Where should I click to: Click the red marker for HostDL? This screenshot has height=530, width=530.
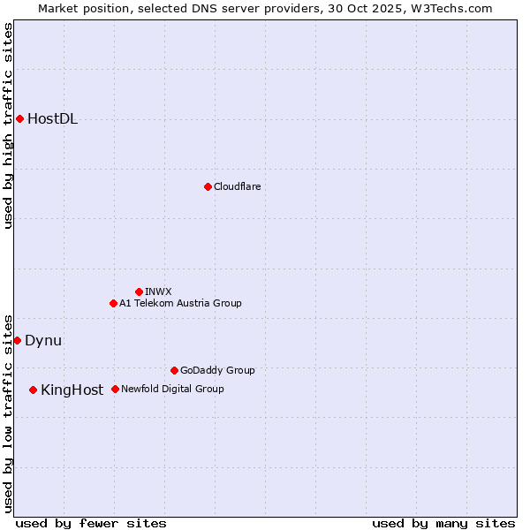pyautogui.click(x=19, y=118)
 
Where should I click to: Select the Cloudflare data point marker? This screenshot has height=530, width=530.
pyautogui.click(x=208, y=186)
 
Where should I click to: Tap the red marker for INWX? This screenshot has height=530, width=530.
pyautogui.click(x=139, y=291)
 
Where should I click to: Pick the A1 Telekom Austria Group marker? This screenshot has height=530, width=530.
pyautogui.click(x=113, y=303)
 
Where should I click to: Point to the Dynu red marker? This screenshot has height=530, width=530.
pyautogui.click(x=17, y=340)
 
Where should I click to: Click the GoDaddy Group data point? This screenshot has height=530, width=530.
pyautogui.click(x=174, y=370)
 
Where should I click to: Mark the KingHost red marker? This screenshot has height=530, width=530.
pyautogui.click(x=33, y=390)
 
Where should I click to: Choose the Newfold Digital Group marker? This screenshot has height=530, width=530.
pyautogui.click(x=115, y=389)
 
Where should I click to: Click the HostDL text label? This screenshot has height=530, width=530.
pyautogui.click(x=53, y=119)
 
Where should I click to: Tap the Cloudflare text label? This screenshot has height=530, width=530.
pyautogui.click(x=238, y=186)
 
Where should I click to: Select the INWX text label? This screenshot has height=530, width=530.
pyautogui.click(x=158, y=291)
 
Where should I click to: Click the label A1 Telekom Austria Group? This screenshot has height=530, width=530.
pyautogui.click(x=180, y=303)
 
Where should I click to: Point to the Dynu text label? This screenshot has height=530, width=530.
pyautogui.click(x=43, y=341)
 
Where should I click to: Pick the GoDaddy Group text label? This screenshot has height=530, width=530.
pyautogui.click(x=217, y=370)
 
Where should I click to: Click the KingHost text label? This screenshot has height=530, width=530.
pyautogui.click(x=72, y=390)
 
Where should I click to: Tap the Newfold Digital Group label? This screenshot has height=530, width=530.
pyautogui.click(x=172, y=389)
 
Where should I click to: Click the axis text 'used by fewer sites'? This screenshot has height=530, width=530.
pyautogui.click(x=91, y=523)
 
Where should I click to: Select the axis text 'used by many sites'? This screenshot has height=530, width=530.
pyautogui.click(x=443, y=523)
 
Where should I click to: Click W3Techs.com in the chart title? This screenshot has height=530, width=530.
pyautogui.click(x=449, y=8)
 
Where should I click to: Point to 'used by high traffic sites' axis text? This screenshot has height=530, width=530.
pyautogui.click(x=9, y=125)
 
